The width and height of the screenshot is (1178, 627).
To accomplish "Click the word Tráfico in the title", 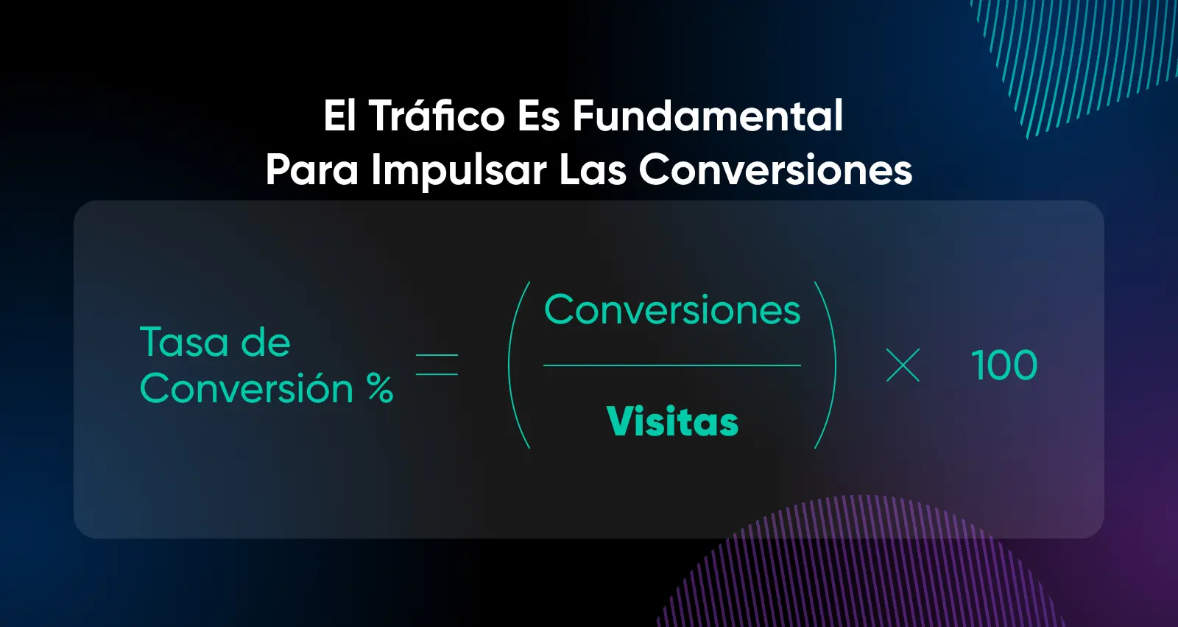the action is click(437, 116).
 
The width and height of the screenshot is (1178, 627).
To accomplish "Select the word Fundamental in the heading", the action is click(708, 116).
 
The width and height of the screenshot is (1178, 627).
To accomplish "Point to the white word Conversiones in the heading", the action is click(776, 169).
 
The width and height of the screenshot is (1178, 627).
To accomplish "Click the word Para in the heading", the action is click(311, 169).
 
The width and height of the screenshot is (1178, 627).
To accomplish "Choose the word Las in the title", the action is click(593, 169).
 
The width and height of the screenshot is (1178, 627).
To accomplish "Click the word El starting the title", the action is click(339, 116).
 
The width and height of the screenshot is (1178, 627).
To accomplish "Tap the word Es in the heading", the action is click(538, 116).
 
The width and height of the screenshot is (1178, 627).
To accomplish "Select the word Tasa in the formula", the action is click(185, 342).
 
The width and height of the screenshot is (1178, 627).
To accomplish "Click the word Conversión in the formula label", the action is click(246, 388).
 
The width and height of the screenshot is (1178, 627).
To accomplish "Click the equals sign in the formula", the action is click(437, 365).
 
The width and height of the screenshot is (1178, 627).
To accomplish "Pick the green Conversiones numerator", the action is click(672, 309).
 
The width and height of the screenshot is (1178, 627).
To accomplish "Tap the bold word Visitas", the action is click(673, 421).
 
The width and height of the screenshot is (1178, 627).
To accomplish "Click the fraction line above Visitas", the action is click(672, 365).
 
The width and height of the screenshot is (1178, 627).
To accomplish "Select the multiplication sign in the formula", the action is click(903, 365).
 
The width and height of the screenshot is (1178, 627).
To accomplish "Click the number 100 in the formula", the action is click(1004, 365).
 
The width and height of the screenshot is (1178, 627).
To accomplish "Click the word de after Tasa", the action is click(266, 342).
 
